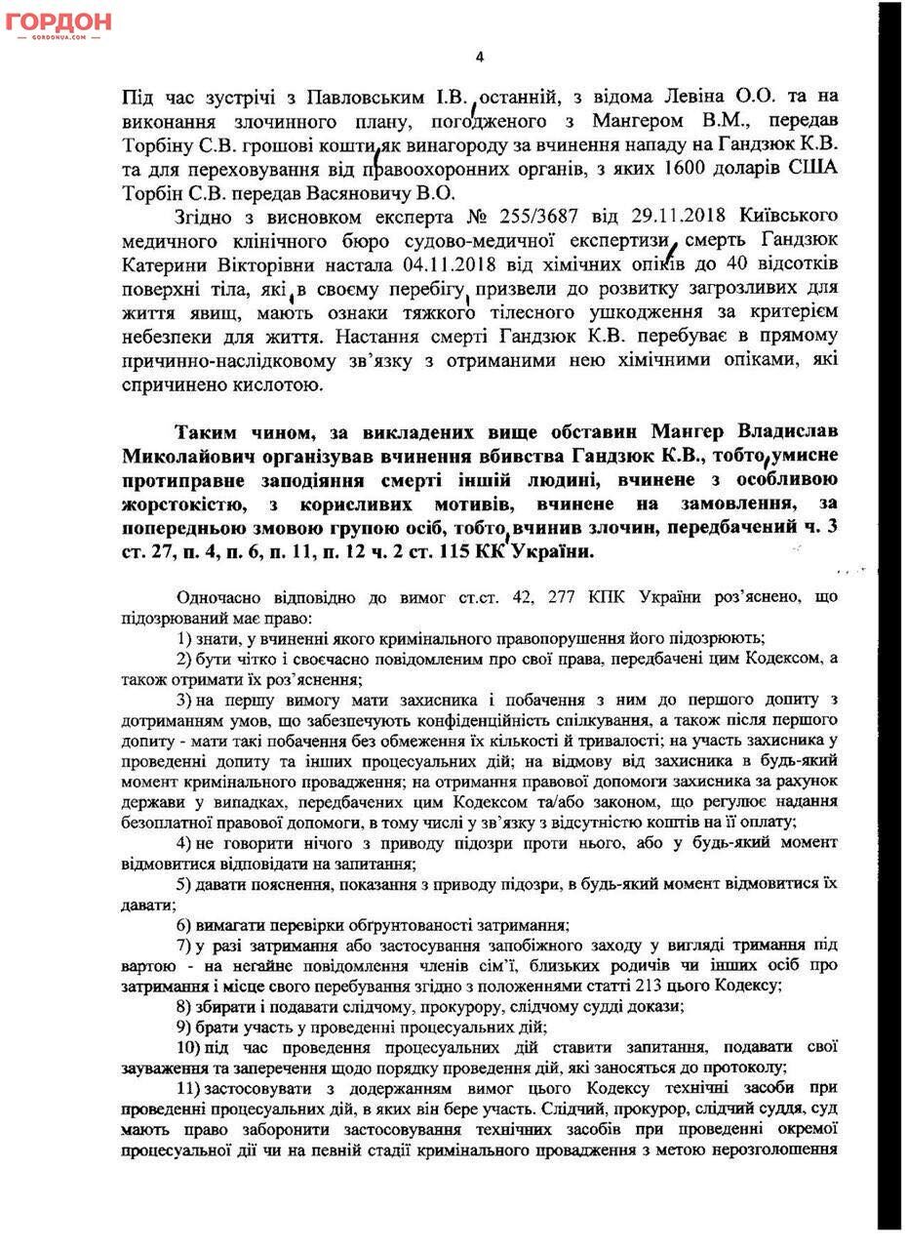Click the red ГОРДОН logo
pos(59,22)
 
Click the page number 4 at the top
pos(479,57)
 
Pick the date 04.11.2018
pos(451,264)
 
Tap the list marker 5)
pos(189,884)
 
